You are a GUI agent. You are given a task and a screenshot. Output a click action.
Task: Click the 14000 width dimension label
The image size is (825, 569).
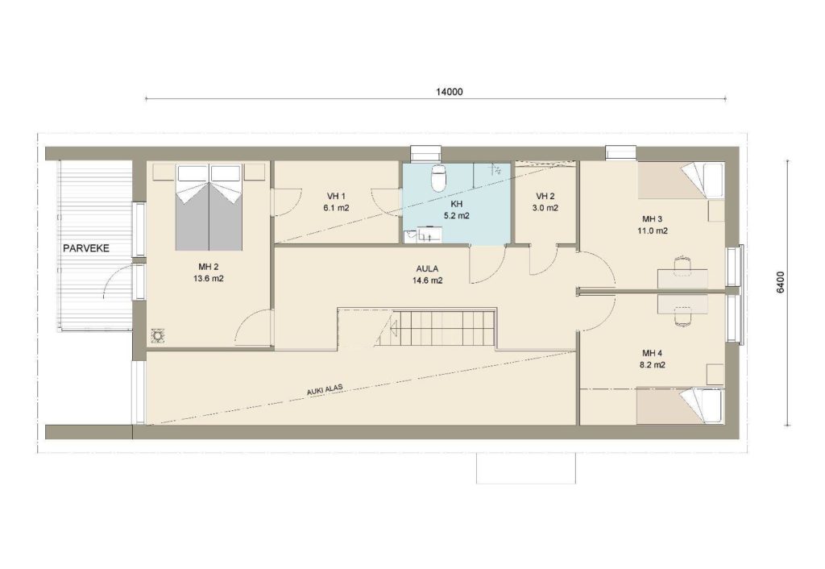[x=449, y=92]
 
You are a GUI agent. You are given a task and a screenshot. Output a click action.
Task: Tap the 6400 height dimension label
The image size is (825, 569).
[x=781, y=282]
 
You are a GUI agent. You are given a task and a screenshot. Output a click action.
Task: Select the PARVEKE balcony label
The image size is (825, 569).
[x=86, y=248]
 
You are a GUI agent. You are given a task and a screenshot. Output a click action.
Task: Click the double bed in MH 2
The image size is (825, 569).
[x=209, y=207]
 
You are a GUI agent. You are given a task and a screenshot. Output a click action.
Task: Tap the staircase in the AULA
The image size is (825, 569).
[x=436, y=327]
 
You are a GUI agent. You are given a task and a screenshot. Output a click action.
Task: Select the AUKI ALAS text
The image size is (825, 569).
[x=325, y=389]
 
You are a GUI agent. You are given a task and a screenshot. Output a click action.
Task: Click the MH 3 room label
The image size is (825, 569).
[x=653, y=219]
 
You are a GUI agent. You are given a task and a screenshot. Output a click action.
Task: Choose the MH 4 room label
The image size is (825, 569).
[x=653, y=353]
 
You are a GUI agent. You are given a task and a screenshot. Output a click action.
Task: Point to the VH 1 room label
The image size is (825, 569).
[x=336, y=197]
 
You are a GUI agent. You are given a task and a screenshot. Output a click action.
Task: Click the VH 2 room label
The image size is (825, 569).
[x=545, y=197]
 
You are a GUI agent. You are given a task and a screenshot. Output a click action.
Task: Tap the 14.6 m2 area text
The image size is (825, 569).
[x=427, y=280]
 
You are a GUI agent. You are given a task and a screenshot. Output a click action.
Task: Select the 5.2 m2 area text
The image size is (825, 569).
[x=456, y=215]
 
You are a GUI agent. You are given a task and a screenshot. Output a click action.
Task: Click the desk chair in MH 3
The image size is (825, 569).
[x=682, y=265]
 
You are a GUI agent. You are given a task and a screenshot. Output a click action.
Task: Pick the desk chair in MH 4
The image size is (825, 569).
[x=682, y=317]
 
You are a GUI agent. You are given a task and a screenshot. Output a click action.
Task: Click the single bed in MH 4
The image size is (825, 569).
[x=679, y=405]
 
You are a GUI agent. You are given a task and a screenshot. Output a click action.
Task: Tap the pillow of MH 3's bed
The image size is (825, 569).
[x=712, y=178]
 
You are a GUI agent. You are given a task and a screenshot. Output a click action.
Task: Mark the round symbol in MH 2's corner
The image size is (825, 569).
[x=157, y=335]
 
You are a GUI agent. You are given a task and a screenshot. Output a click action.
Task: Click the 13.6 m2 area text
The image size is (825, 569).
[x=209, y=278]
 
